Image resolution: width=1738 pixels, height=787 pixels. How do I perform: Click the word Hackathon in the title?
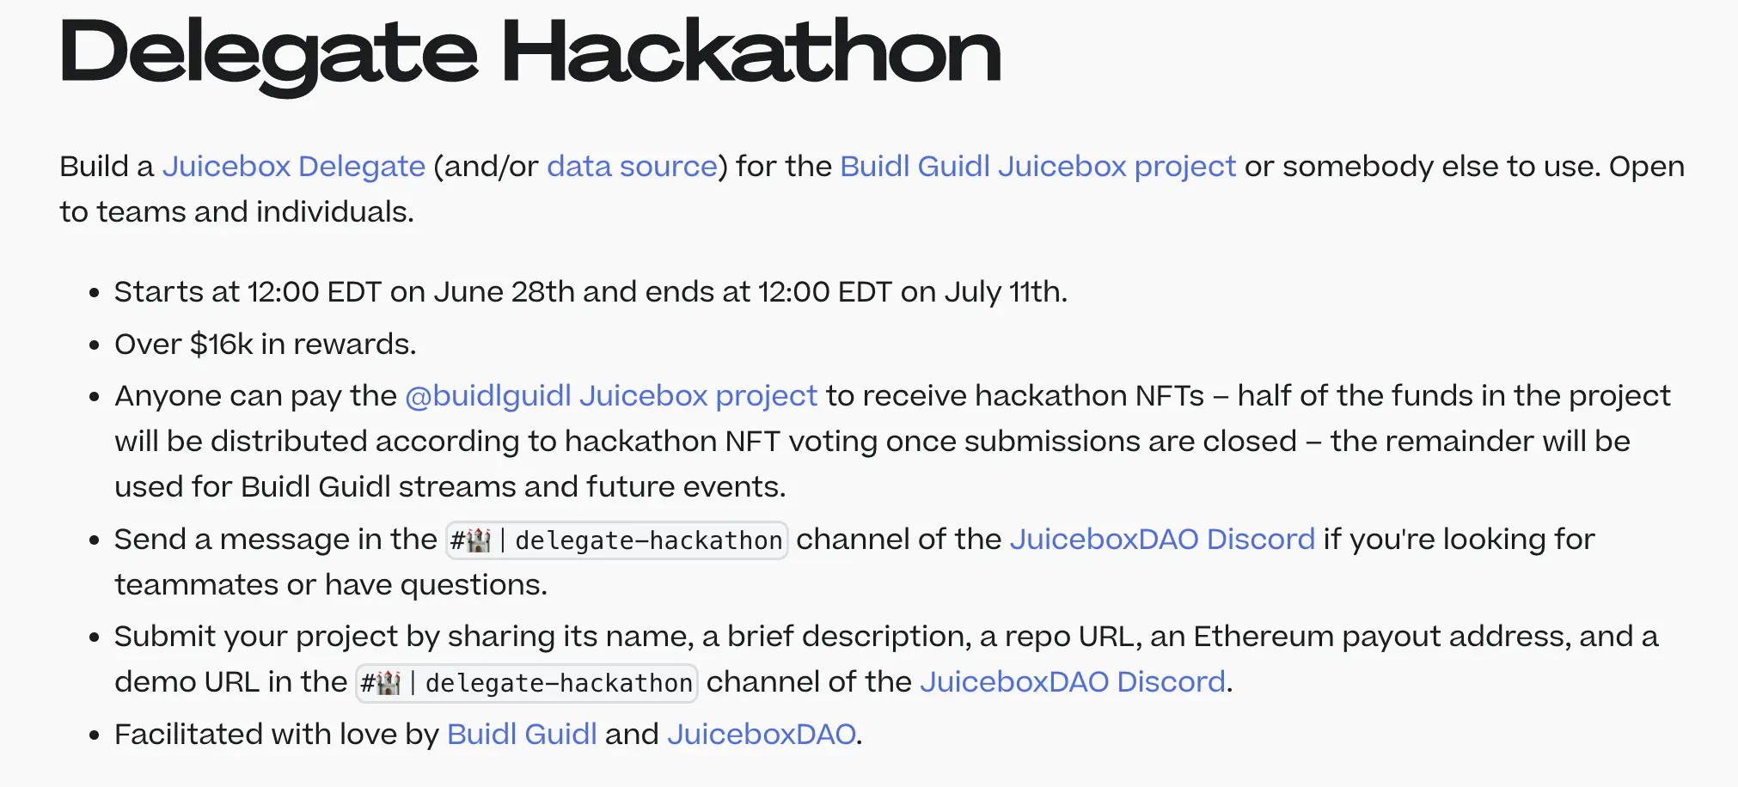[751, 53]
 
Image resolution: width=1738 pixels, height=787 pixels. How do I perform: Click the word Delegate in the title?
[268, 53]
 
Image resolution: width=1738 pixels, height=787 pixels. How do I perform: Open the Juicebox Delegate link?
[294, 166]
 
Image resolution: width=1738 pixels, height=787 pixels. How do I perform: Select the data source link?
[632, 166]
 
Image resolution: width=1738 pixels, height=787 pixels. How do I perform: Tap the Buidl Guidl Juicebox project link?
[1037, 166]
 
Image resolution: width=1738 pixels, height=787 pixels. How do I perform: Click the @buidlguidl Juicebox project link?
[611, 395]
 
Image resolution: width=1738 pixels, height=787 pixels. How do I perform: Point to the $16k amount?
[221, 344]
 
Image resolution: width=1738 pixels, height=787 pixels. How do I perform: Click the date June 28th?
[504, 292]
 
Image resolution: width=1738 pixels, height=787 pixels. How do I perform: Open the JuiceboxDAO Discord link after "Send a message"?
[1162, 539]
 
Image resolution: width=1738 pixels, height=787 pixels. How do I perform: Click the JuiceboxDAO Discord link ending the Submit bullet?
[1072, 681]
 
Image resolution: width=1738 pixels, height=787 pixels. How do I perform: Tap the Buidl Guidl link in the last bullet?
[522, 734]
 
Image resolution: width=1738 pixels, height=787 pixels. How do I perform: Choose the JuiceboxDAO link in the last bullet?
[761, 734]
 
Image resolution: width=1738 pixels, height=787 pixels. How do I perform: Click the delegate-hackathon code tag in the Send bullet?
[616, 540]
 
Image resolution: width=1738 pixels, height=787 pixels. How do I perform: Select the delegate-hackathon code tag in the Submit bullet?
[526, 683]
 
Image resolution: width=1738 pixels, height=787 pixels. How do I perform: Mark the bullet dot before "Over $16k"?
[95, 345]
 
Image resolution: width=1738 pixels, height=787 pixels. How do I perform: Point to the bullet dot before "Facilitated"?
[95, 735]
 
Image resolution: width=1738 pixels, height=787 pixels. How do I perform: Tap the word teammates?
[197, 584]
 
